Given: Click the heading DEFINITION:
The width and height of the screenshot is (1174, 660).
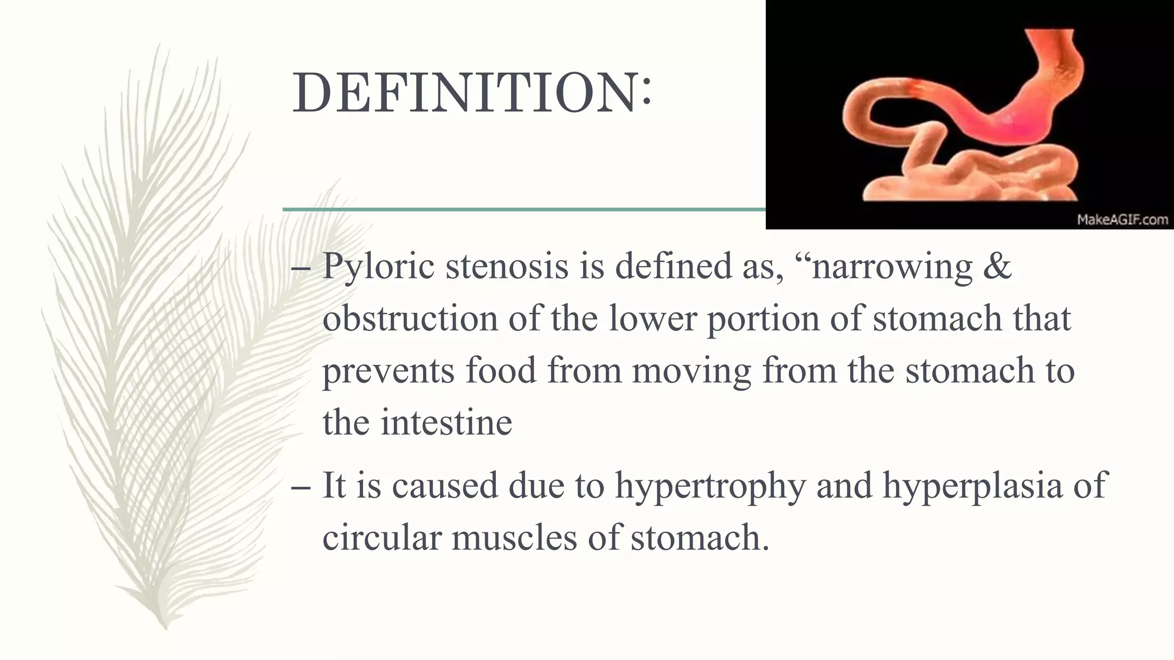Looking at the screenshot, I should (x=472, y=93).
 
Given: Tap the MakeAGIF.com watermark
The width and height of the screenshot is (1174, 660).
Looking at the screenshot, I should (x=1122, y=220).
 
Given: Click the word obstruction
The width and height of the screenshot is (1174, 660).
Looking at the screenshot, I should (x=410, y=319).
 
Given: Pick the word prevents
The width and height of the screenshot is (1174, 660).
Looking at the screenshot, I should (x=388, y=371).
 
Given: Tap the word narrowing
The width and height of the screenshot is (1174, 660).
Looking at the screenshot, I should (x=892, y=267).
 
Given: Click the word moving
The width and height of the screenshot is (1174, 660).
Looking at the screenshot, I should (x=691, y=371).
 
